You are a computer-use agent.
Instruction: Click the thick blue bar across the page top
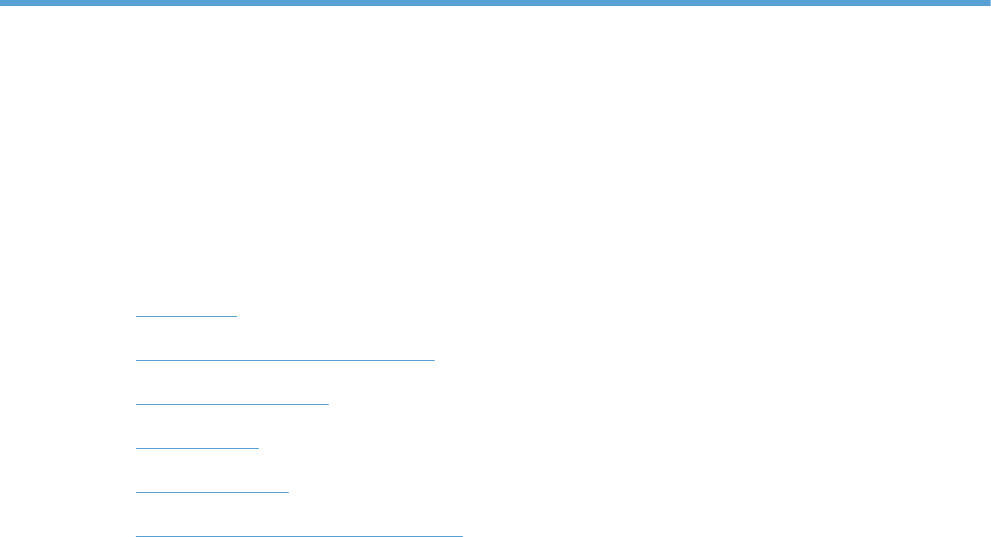coord(495,3)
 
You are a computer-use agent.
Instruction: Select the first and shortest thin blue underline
coord(186,316)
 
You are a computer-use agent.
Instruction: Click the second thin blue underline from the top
coord(285,359)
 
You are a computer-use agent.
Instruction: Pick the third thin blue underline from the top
coord(232,403)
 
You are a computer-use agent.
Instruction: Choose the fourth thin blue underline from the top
coord(197,448)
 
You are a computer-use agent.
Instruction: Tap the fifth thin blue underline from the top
coord(212,492)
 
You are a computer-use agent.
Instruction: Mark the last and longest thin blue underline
coord(299,535)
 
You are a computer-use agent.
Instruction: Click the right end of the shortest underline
coord(236,316)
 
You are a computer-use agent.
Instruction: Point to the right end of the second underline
coord(434,359)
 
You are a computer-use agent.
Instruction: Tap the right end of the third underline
coord(328,403)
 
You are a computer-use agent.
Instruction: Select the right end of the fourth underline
coord(258,448)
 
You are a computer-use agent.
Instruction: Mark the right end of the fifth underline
coord(288,492)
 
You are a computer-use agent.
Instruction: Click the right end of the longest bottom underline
coord(463,535)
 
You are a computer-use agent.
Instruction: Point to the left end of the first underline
coord(137,316)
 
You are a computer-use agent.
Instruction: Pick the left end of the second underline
coord(137,359)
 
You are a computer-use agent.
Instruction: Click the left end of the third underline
coord(137,403)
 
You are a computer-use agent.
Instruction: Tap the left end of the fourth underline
coord(137,448)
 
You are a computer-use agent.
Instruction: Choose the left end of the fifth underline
coord(137,492)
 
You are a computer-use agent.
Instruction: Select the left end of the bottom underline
coord(137,535)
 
